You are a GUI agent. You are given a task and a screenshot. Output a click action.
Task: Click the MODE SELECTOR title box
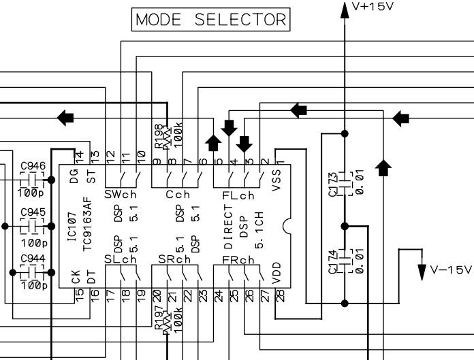pos(211,19)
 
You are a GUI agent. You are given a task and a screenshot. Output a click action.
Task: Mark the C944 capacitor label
pos(33,259)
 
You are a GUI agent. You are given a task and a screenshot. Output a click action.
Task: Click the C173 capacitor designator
pos(333,184)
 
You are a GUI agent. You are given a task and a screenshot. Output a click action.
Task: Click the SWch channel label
pos(121,195)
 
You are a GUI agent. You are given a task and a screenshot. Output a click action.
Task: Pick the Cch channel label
pos(177,195)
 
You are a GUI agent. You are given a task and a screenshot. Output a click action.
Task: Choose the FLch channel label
pos(238,195)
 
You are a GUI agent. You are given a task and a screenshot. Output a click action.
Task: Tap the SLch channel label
pos(121,259)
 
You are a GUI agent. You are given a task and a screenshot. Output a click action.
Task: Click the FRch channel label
pos(238,259)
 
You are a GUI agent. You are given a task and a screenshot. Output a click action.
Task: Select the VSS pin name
pos(275,180)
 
